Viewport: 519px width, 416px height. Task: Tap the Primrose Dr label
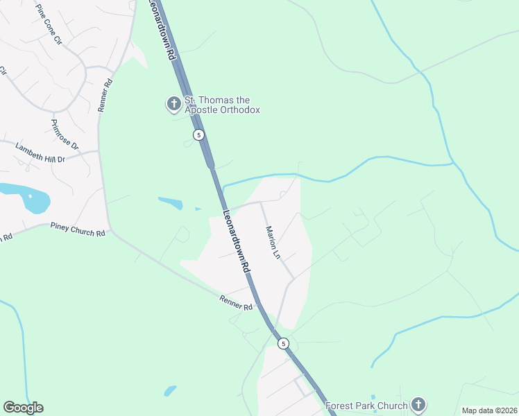point(65,135)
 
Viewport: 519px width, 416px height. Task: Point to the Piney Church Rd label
point(78,229)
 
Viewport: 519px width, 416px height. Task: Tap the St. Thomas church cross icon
point(173,105)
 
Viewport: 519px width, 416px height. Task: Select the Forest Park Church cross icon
point(418,404)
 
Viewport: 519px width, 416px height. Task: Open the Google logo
point(23,408)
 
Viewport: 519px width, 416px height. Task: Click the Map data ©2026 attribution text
point(489,410)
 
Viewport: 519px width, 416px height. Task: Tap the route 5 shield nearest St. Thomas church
point(199,135)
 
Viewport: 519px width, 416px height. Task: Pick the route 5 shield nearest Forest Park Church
point(283,343)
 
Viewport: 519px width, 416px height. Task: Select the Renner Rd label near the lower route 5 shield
point(235,303)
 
